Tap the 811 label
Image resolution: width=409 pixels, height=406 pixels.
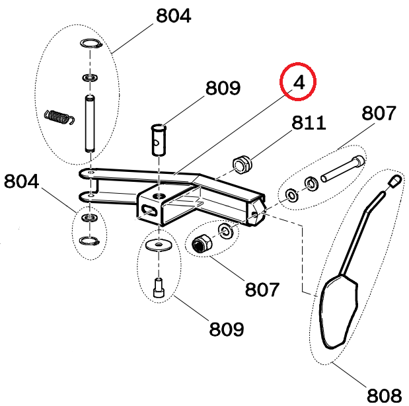click(x=309, y=122)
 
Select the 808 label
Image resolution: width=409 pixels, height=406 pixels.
click(x=384, y=395)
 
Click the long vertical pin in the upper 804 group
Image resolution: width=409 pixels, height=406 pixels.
click(x=90, y=124)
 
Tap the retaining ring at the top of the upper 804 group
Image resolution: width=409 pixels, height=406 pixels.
click(x=91, y=43)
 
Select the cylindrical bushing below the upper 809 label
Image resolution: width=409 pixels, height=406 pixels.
click(x=159, y=140)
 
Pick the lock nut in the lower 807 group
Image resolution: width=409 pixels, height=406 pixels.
click(x=202, y=243)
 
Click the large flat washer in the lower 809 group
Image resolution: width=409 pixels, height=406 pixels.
click(x=159, y=245)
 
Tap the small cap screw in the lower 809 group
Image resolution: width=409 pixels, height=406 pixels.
click(x=159, y=288)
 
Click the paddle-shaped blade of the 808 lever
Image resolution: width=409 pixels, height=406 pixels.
click(x=338, y=311)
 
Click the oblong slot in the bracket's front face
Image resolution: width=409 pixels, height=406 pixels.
click(x=149, y=210)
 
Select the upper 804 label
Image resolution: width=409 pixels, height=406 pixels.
click(x=174, y=16)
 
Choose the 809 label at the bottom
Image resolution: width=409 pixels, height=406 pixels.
click(x=227, y=329)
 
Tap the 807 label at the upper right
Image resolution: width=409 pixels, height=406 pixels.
click(x=379, y=113)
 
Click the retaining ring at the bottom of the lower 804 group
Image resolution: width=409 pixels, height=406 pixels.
click(x=89, y=241)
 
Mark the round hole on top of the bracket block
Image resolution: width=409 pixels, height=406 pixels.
click(x=159, y=195)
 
